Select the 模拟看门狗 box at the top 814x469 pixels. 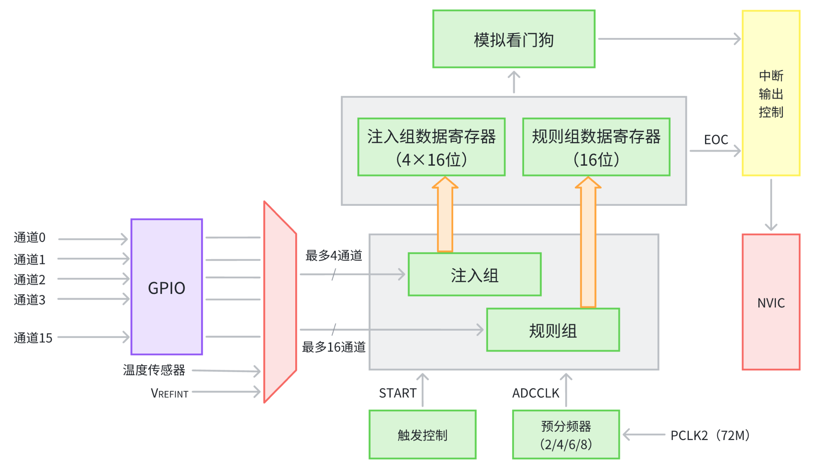(513, 39)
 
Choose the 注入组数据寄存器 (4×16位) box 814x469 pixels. (431, 147)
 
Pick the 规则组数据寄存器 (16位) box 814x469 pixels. (596, 147)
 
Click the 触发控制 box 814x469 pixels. (422, 435)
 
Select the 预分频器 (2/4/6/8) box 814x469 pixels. (565, 435)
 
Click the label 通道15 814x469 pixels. (33, 338)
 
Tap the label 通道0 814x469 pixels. (29, 237)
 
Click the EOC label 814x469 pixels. (716, 140)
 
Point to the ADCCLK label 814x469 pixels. (536, 393)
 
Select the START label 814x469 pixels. (397, 393)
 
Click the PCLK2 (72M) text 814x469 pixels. (710, 435)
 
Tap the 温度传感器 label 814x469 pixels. (154, 370)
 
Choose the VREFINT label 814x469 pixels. (170, 393)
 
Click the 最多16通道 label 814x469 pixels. (333, 347)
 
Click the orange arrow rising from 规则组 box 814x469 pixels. (588, 246)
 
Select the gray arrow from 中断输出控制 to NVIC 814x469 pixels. (771, 205)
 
